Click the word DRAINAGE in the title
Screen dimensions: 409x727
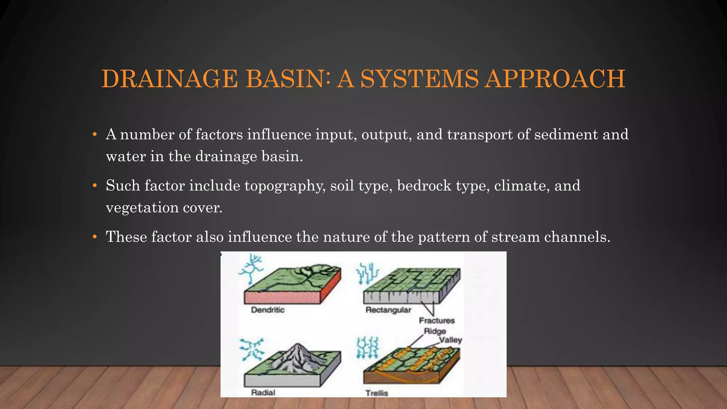click(x=169, y=79)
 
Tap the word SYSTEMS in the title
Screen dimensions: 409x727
click(x=419, y=79)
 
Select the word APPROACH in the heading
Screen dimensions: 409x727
click(x=554, y=79)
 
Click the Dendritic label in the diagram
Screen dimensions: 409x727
click(x=268, y=310)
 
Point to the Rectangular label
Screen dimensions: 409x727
click(x=388, y=310)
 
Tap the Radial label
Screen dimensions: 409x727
click(x=263, y=393)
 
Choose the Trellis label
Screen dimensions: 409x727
click(x=377, y=393)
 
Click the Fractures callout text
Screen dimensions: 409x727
click(x=437, y=321)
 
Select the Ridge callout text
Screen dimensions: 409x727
click(x=435, y=331)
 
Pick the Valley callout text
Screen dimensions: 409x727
click(x=450, y=340)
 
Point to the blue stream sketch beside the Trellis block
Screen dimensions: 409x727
click(x=367, y=348)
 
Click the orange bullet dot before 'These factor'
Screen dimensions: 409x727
click(x=94, y=237)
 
